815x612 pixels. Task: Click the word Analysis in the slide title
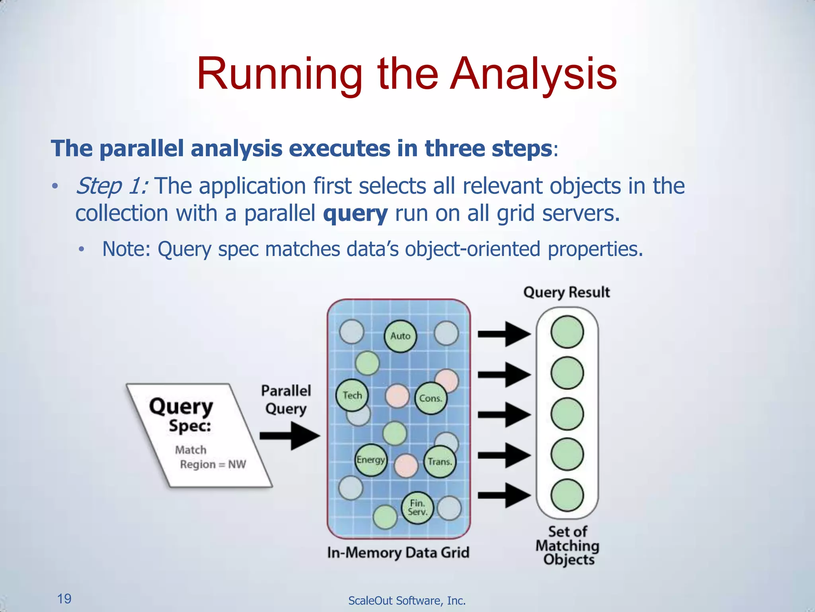[533, 75]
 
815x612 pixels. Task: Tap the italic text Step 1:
[112, 186]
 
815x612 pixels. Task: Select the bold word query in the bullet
[355, 214]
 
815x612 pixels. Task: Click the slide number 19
[64, 598]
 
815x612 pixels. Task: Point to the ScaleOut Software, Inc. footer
[407, 600]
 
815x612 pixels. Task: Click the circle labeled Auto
[400, 336]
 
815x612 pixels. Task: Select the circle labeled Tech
[352, 395]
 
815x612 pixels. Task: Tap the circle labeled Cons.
[431, 398]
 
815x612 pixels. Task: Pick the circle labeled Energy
[370, 460]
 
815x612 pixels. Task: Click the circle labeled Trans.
[440, 462]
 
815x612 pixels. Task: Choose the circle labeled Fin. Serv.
[417, 508]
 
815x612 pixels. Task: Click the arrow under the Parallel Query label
[290, 436]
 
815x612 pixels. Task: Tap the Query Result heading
[566, 292]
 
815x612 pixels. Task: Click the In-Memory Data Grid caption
[398, 553]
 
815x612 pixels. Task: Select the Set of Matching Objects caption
[567, 545]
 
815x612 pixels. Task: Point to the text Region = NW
[213, 465]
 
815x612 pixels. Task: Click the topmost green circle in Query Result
[567, 332]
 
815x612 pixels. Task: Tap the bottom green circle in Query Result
[567, 495]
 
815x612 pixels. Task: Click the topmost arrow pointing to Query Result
[504, 334]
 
